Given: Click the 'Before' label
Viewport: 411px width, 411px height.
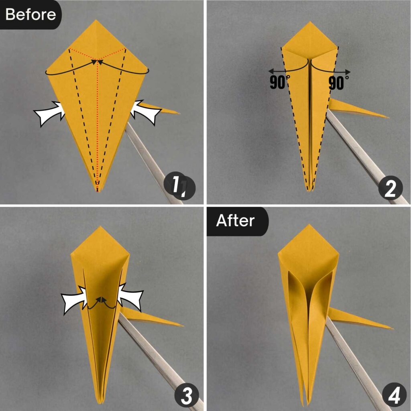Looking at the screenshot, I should pyautogui.click(x=30, y=14).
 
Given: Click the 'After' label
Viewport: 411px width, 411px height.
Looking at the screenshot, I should pyautogui.click(x=235, y=221).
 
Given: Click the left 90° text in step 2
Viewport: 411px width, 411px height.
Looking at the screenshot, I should pyautogui.click(x=279, y=82).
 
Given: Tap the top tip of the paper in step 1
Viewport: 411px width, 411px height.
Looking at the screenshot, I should pyautogui.click(x=96, y=20).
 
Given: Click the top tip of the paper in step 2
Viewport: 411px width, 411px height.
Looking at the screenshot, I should pyautogui.click(x=309, y=22).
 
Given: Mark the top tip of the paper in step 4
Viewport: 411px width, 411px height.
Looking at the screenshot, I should pyautogui.click(x=308, y=225).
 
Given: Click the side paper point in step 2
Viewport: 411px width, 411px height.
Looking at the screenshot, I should pyautogui.click(x=388, y=117).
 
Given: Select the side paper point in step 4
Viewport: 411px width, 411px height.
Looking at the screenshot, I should pyautogui.click(x=392, y=329).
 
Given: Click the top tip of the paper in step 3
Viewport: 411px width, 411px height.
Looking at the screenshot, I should pyautogui.click(x=100, y=227).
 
